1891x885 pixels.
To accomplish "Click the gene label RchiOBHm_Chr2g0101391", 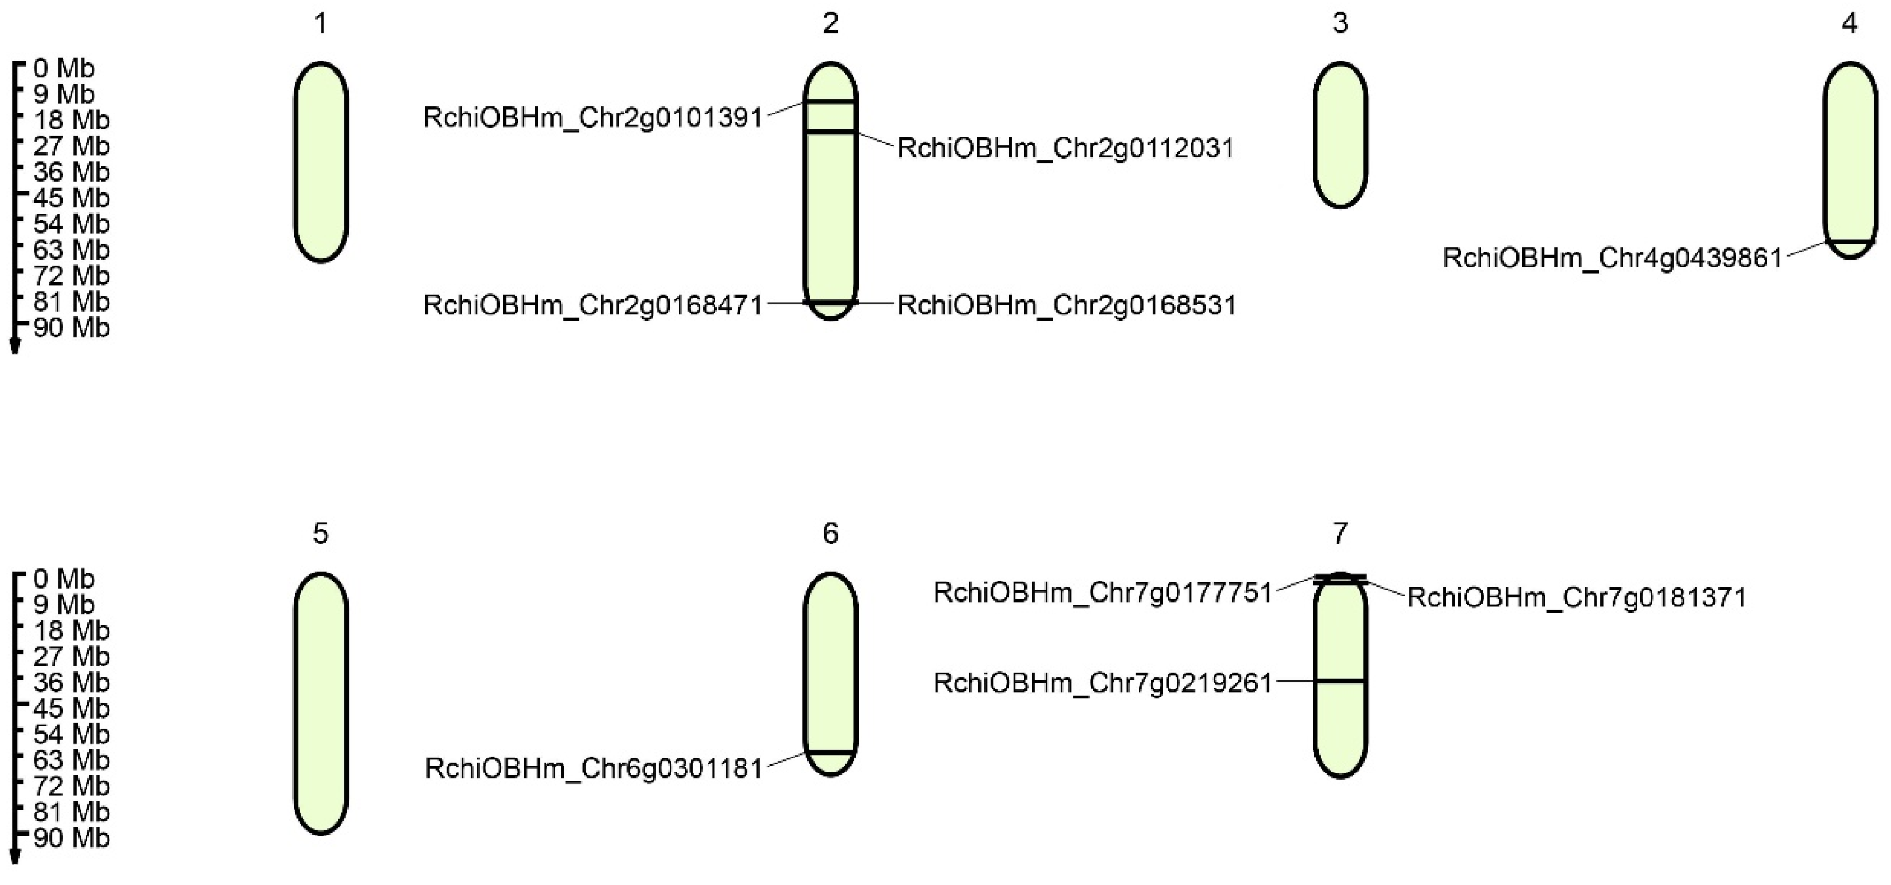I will (593, 118).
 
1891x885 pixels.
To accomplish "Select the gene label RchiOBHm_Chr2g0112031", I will (1065, 149).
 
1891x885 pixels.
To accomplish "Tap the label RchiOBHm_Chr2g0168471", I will (593, 305).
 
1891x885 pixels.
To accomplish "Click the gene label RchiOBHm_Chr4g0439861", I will (1613, 258).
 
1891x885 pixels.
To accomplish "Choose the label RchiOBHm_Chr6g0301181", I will (594, 768).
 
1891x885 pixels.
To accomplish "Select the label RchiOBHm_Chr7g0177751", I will (1103, 592).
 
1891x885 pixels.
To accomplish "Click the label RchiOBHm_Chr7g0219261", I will (1103, 683).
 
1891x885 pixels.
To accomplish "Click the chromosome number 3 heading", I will (1340, 24).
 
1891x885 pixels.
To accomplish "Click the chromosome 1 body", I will (321, 161).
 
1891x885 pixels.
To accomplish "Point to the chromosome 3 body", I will (1340, 135).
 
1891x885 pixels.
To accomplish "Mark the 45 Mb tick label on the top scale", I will (71, 197).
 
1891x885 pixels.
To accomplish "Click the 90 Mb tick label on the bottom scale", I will (71, 837).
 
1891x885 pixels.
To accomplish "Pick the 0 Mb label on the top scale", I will (64, 68).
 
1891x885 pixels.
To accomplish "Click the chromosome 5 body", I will (321, 703).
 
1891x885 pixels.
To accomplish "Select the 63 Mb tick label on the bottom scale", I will (71, 759).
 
